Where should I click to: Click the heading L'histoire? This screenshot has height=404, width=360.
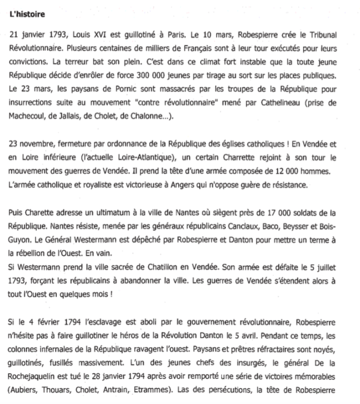coord(29,14)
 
